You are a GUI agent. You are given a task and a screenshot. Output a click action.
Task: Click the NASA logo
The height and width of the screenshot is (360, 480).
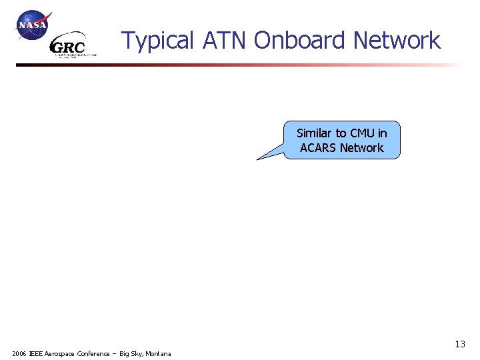pyautogui.click(x=33, y=26)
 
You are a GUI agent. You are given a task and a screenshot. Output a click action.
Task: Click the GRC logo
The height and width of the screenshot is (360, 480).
pyautogui.click(x=69, y=46)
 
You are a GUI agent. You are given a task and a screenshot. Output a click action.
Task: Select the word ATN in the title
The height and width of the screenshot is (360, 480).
pyautogui.click(x=225, y=41)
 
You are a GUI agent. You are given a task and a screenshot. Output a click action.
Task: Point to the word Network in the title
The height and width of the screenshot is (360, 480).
pyautogui.click(x=397, y=41)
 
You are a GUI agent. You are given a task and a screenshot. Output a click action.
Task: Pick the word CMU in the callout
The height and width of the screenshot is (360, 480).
pyautogui.click(x=362, y=133)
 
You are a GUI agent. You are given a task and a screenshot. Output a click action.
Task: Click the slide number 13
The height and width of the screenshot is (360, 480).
pyautogui.click(x=460, y=345)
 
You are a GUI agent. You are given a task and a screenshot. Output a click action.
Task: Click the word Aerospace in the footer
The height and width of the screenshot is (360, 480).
pyautogui.click(x=62, y=353)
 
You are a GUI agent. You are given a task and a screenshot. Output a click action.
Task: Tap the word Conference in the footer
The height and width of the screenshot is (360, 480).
pyautogui.click(x=94, y=353)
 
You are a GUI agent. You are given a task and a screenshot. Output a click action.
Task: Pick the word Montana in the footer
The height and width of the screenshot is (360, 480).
pyautogui.click(x=157, y=353)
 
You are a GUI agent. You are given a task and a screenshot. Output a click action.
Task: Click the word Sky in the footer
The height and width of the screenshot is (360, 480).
pyautogui.click(x=135, y=353)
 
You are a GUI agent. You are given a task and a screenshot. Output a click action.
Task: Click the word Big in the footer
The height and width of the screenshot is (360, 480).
pyautogui.click(x=125, y=353)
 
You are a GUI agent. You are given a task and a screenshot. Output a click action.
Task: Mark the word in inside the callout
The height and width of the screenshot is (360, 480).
pyautogui.click(x=382, y=133)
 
